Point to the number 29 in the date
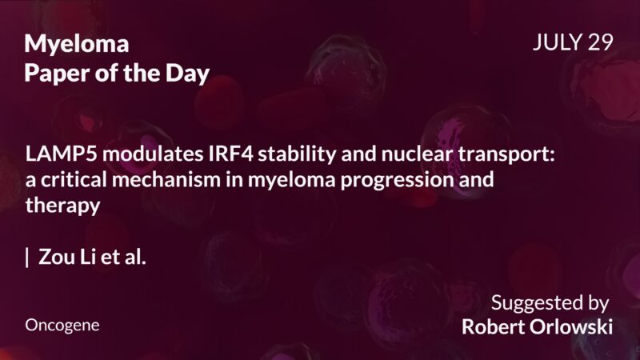599,43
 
